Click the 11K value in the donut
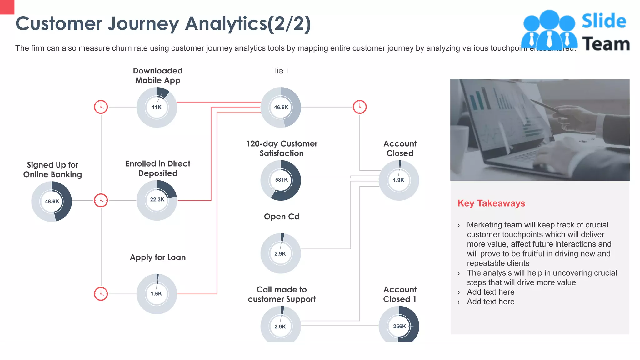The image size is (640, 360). [x=157, y=107]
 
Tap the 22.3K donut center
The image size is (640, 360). [x=157, y=200]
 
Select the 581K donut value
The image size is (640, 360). [x=281, y=180]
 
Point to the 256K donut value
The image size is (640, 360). [x=399, y=326]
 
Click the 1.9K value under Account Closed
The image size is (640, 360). [x=398, y=180]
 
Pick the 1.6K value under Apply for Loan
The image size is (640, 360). [x=156, y=294]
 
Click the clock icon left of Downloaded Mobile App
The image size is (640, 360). [x=101, y=107]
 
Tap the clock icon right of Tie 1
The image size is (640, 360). [x=360, y=107]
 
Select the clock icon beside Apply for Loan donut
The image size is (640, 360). [x=101, y=294]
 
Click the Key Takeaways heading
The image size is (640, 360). [x=491, y=203]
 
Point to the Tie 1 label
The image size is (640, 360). [x=281, y=71]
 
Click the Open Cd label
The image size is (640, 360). [x=282, y=217]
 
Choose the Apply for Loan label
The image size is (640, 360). [x=158, y=257]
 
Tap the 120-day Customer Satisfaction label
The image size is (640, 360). [x=282, y=148]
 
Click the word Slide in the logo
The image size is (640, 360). [x=604, y=21]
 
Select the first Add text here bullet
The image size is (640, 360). [x=491, y=292]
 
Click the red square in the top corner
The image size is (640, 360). [x=7, y=7]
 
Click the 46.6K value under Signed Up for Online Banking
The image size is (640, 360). [x=52, y=202]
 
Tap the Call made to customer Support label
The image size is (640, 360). [x=282, y=294]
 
